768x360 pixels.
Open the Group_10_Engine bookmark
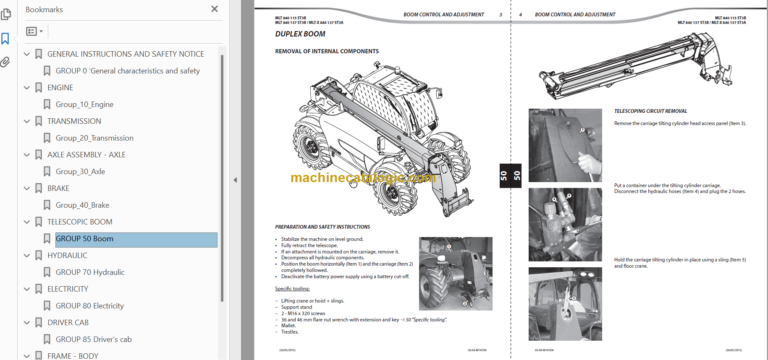point(84,104)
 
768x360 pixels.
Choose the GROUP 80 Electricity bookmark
point(89,306)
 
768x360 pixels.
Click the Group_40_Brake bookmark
point(82,205)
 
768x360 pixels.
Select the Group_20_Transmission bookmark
point(94,138)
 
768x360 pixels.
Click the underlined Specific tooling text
point(294,287)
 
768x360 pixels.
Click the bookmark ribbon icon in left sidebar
point(6,39)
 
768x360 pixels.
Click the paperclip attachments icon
point(6,61)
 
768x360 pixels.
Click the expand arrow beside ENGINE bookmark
point(26,88)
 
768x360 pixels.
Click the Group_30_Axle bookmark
point(80,171)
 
